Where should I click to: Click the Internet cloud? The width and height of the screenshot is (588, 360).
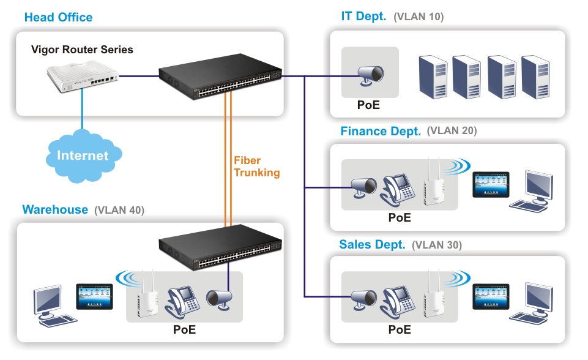[x=82, y=156]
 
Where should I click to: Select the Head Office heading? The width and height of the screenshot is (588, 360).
[x=58, y=17]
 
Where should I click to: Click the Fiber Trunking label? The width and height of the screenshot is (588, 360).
[x=256, y=166]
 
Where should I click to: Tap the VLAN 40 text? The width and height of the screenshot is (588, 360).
[x=119, y=211]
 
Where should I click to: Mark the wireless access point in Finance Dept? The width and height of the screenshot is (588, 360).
[x=434, y=184]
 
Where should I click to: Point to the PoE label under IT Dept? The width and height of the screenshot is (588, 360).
[x=368, y=105]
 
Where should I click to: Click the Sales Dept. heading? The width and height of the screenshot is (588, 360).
[x=372, y=245]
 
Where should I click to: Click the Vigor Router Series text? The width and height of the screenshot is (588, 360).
[x=82, y=50]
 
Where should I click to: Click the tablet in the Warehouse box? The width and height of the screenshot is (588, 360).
[x=94, y=296]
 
